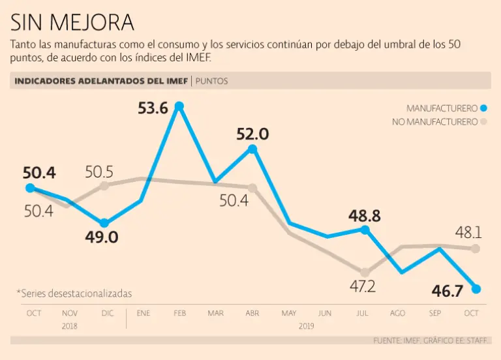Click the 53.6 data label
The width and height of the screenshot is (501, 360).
point(153,108)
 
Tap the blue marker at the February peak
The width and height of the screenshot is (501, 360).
point(179,106)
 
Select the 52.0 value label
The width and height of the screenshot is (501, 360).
point(252,134)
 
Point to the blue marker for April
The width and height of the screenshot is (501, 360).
point(252,149)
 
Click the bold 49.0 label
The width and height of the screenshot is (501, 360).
point(102,237)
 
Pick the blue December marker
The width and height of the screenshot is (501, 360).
point(104,223)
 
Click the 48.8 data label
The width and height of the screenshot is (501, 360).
point(364,215)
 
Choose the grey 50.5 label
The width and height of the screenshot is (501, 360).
point(99,172)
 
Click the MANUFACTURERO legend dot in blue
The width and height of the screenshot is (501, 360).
point(484,108)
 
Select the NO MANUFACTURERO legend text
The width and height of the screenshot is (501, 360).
point(434,122)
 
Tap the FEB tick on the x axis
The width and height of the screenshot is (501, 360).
point(179,314)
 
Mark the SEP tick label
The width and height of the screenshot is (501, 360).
point(434,314)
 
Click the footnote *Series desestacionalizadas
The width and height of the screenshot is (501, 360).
point(74,293)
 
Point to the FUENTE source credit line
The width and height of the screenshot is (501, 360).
point(432,340)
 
